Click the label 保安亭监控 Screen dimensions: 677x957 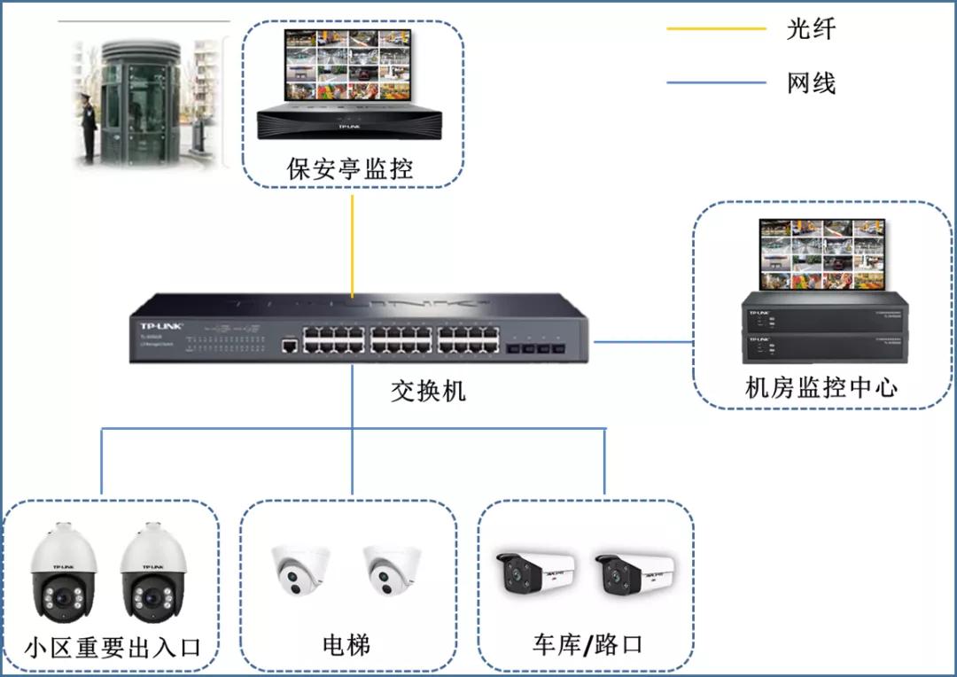click(350, 167)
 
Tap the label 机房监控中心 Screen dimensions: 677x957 click(821, 387)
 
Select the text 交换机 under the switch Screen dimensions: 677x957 click(428, 391)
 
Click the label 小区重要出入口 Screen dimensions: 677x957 click(113, 646)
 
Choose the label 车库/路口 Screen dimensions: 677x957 click(587, 644)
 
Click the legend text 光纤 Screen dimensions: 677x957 click(811, 28)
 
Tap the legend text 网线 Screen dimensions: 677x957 click(811, 83)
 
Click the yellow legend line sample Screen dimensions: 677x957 click(716, 29)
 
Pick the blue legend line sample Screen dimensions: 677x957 click(716, 83)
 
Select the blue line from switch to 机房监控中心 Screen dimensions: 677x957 click(642, 341)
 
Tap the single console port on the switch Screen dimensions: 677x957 click(289, 345)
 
